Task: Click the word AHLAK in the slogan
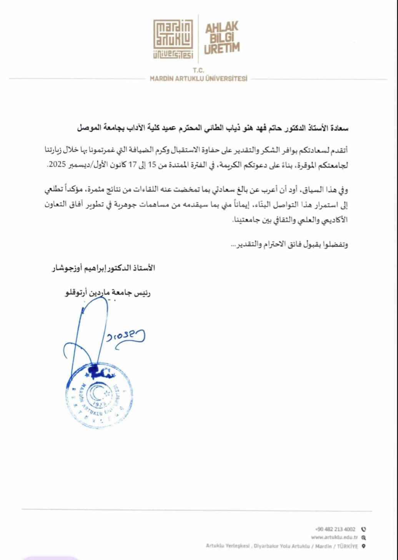(221, 28)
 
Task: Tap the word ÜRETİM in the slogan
(222, 48)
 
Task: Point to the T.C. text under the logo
(198, 70)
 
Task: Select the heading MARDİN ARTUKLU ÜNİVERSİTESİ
(198, 79)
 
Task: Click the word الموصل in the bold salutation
(88, 128)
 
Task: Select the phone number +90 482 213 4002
(335, 529)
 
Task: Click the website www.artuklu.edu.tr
(334, 537)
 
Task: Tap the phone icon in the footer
(364, 529)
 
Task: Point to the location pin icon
(363, 546)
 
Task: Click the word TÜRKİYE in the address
(347, 546)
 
